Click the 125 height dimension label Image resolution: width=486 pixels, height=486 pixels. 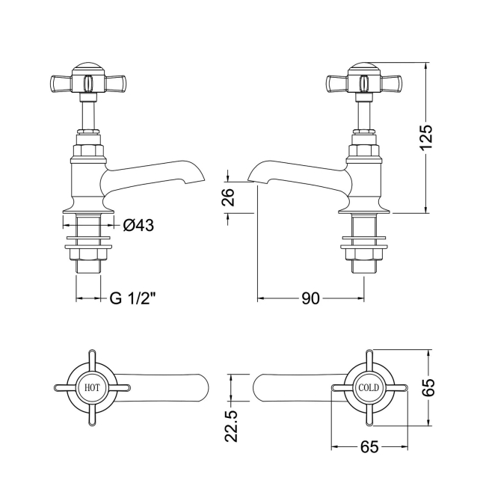tap(425, 138)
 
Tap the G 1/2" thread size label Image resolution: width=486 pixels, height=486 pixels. tap(133, 298)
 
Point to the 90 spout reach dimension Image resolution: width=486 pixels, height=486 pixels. tap(310, 298)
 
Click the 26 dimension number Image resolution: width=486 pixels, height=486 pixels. tap(229, 197)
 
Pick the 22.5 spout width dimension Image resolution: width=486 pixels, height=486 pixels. tap(231, 424)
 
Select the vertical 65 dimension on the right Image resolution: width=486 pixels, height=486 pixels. tap(428, 387)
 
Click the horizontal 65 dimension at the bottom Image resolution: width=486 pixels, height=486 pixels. tap(369, 447)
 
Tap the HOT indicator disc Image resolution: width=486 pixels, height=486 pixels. tap(91, 388)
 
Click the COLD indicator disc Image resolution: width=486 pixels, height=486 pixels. tap(369, 388)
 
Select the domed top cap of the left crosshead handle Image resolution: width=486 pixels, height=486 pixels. tap(87, 72)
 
